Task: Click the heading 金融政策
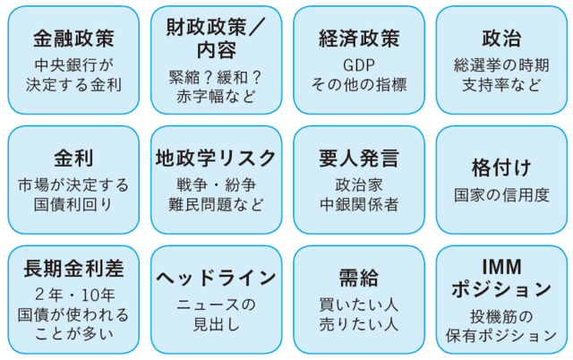click(x=73, y=39)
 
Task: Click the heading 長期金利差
click(x=73, y=269)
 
